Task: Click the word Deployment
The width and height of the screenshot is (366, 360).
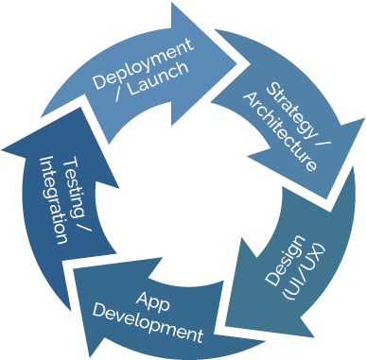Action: point(143,62)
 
